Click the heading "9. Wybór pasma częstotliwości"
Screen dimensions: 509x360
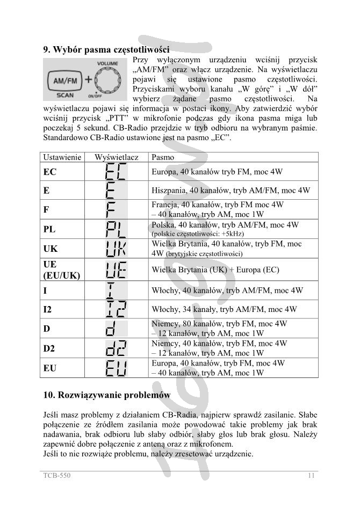click(x=106, y=49)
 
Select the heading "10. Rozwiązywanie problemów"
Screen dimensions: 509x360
click(x=107, y=395)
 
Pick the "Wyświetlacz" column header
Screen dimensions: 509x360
click(x=117, y=157)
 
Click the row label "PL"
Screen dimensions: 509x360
click(x=49, y=229)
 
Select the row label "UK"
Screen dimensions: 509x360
click(x=51, y=249)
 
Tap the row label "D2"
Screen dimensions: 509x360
click(x=49, y=348)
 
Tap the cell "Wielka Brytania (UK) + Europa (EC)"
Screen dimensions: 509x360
click(x=215, y=270)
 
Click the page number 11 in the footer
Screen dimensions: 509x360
click(x=311, y=475)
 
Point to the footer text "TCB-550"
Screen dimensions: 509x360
click(x=57, y=475)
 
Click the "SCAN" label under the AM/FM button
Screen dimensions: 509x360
click(x=64, y=96)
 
